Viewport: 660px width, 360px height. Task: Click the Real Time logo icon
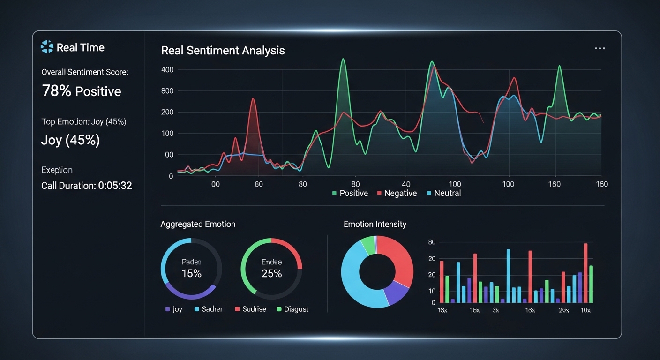(x=47, y=47)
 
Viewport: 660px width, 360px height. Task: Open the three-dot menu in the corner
(x=600, y=49)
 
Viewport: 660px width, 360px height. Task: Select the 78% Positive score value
(x=82, y=91)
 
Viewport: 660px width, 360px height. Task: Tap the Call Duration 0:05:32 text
(x=87, y=186)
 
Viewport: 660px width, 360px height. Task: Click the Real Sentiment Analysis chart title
(x=223, y=51)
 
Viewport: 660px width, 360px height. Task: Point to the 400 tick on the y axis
(x=167, y=70)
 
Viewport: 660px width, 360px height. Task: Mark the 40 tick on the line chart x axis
(x=406, y=184)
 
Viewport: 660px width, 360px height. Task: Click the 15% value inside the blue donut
(x=191, y=273)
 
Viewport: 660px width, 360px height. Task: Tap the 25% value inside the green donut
(x=271, y=273)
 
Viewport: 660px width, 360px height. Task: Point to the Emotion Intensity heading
(x=375, y=224)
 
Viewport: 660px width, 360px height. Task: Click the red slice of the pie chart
(x=398, y=258)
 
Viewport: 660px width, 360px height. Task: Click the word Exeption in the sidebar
(x=57, y=170)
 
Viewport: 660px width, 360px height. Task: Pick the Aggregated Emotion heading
(x=198, y=224)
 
